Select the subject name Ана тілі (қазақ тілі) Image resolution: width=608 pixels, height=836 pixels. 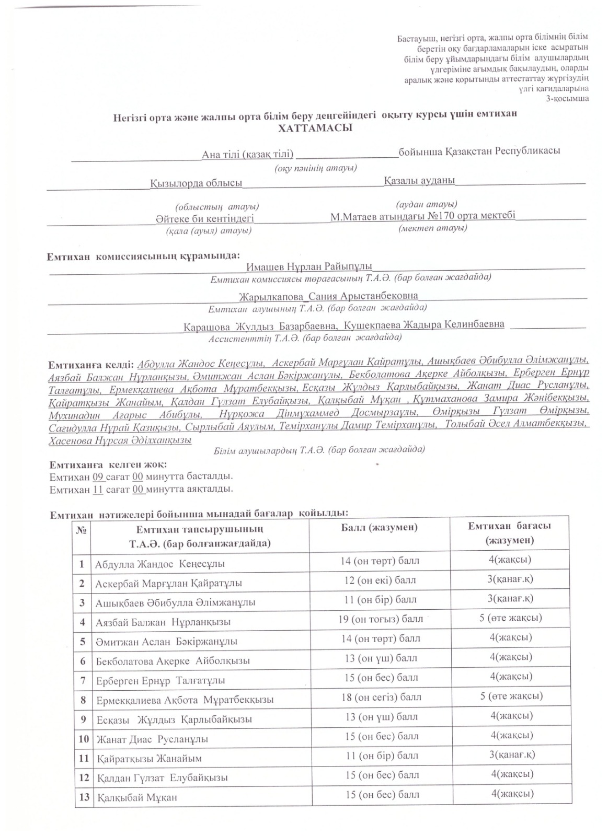[248, 154]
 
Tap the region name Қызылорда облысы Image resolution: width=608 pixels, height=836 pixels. [196, 183]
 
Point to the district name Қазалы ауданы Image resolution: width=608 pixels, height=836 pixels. [419, 180]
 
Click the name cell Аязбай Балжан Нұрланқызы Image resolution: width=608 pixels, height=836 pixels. [163, 622]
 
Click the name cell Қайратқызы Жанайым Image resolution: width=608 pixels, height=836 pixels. [149, 758]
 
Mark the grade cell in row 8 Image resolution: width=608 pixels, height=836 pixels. [510, 696]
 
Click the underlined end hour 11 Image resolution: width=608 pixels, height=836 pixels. [97, 490]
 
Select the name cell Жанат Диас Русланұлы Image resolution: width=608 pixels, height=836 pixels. [152, 739]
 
